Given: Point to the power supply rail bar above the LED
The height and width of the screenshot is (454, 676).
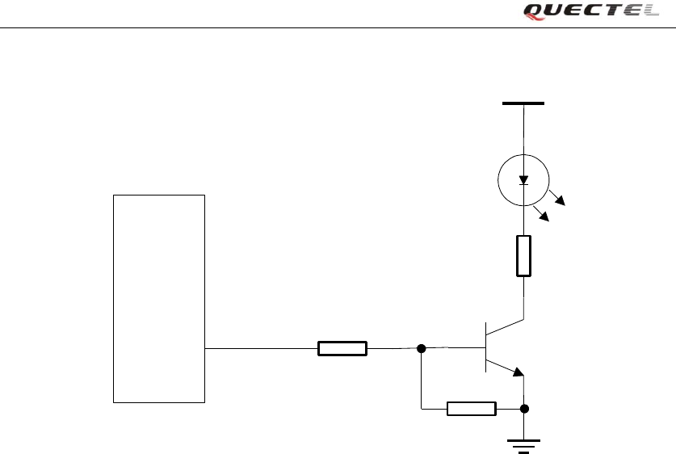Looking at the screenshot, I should tap(523, 103).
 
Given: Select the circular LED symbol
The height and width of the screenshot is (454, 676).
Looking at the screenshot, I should tap(523, 181).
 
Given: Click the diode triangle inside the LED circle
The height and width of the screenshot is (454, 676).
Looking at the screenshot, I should tap(523, 179).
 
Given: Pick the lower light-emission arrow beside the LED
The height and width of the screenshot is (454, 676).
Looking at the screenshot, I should tap(541, 214).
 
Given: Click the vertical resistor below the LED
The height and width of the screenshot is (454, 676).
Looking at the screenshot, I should tap(523, 256).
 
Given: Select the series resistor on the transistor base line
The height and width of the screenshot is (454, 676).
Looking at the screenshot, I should tap(342, 349).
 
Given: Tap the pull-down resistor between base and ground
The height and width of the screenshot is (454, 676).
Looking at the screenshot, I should tap(472, 409).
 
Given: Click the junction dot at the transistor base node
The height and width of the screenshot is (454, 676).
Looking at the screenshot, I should tap(421, 349).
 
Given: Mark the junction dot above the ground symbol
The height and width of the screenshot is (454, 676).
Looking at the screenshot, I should tap(525, 409).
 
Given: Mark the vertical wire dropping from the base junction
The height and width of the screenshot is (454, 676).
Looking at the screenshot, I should tap(421, 380).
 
